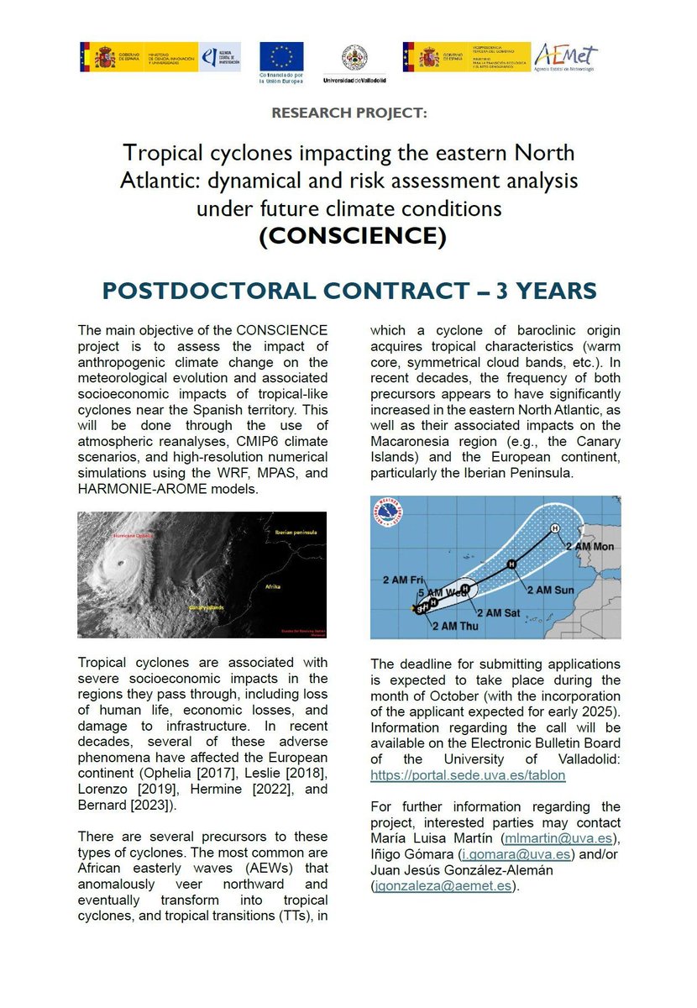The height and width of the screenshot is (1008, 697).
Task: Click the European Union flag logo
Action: pyautogui.click(x=280, y=56)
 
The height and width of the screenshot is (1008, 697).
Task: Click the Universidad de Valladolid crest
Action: pyautogui.click(x=353, y=57)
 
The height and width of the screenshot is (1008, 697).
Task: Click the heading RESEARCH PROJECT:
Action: pyautogui.click(x=348, y=113)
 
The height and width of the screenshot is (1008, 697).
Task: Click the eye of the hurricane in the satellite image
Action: pyautogui.click(x=120, y=562)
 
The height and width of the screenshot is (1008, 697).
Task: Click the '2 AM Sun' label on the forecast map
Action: pyautogui.click(x=551, y=590)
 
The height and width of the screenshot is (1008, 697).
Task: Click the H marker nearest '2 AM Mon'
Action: pyautogui.click(x=554, y=528)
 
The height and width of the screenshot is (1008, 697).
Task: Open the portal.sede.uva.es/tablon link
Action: pyautogui.click(x=468, y=775)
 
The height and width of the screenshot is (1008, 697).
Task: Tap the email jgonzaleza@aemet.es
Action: pyautogui.click(x=445, y=885)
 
